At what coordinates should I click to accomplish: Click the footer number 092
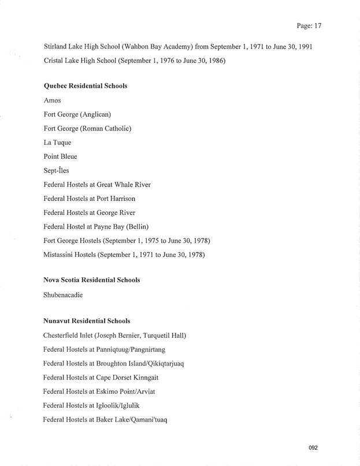coord(313,448)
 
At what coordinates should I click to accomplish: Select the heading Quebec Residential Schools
coord(85,86)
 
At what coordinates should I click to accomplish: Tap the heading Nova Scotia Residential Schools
coord(91,280)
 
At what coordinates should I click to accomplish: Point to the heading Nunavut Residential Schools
coord(87,321)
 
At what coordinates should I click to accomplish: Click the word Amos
coord(52,100)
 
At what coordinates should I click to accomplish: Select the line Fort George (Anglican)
coord(77,114)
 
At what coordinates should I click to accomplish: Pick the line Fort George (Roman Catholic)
coord(87,128)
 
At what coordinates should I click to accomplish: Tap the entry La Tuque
coord(57,143)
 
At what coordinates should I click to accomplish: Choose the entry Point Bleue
coord(60,156)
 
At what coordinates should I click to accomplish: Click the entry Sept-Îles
coord(57,170)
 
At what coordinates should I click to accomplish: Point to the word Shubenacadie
coord(63,294)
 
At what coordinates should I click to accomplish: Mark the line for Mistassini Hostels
coord(124,255)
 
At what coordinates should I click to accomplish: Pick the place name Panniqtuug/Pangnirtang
coord(127,349)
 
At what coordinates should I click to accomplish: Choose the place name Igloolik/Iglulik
coord(114,405)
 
